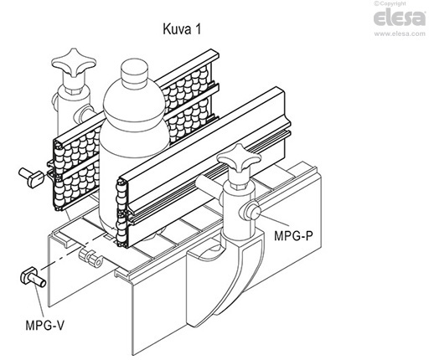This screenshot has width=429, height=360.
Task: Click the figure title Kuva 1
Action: tap(182, 29)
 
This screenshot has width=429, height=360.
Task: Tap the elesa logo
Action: tap(400, 18)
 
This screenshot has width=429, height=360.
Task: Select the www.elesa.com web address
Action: tap(400, 33)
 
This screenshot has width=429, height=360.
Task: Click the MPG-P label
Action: tap(293, 236)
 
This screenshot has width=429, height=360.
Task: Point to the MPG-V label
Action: tap(44, 325)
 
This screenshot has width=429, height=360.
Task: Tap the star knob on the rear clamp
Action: tap(74, 63)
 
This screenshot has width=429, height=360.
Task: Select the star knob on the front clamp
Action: tap(240, 158)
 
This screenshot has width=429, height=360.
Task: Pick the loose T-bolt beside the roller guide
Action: tap(31, 176)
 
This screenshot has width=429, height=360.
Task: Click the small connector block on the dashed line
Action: tap(90, 257)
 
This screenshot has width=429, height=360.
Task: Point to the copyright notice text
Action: tap(390, 3)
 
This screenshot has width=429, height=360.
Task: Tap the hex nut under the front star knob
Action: tap(240, 180)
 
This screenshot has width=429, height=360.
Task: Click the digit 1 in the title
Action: tap(198, 29)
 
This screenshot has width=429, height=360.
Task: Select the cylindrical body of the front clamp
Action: tap(238, 209)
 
